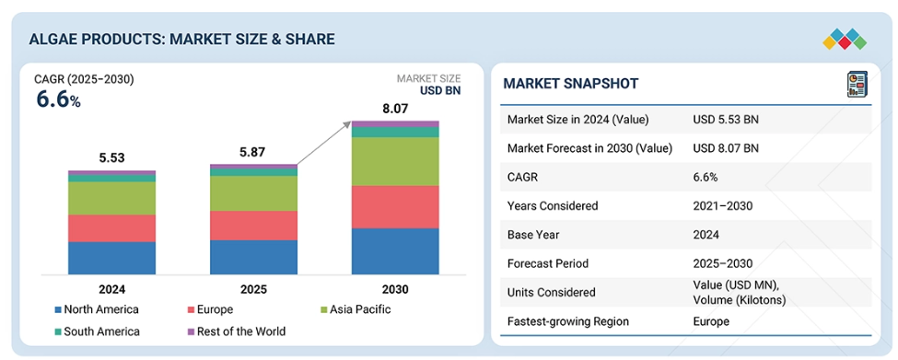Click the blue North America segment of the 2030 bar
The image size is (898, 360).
coord(395,251)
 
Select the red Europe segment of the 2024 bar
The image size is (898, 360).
coord(111,228)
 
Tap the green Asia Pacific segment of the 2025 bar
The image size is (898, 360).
coord(253,193)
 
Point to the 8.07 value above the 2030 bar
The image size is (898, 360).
coord(394,108)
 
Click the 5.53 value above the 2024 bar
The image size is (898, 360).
coord(111,158)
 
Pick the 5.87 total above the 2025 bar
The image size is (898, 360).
coord(253,152)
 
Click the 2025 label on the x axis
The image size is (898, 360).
coord(253,289)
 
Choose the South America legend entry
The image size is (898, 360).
coord(97,331)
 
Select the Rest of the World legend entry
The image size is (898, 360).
coord(237,331)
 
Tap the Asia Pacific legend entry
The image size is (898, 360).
coord(356,309)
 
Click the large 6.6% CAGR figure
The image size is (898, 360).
coord(58,99)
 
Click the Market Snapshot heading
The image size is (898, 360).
coord(570,84)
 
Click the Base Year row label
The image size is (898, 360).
coord(533,235)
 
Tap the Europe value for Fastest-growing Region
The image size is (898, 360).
coord(711,321)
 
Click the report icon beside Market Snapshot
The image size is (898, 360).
coord(857,84)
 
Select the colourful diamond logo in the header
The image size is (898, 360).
coord(845,40)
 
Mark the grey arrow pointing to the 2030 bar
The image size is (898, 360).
coord(323,143)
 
